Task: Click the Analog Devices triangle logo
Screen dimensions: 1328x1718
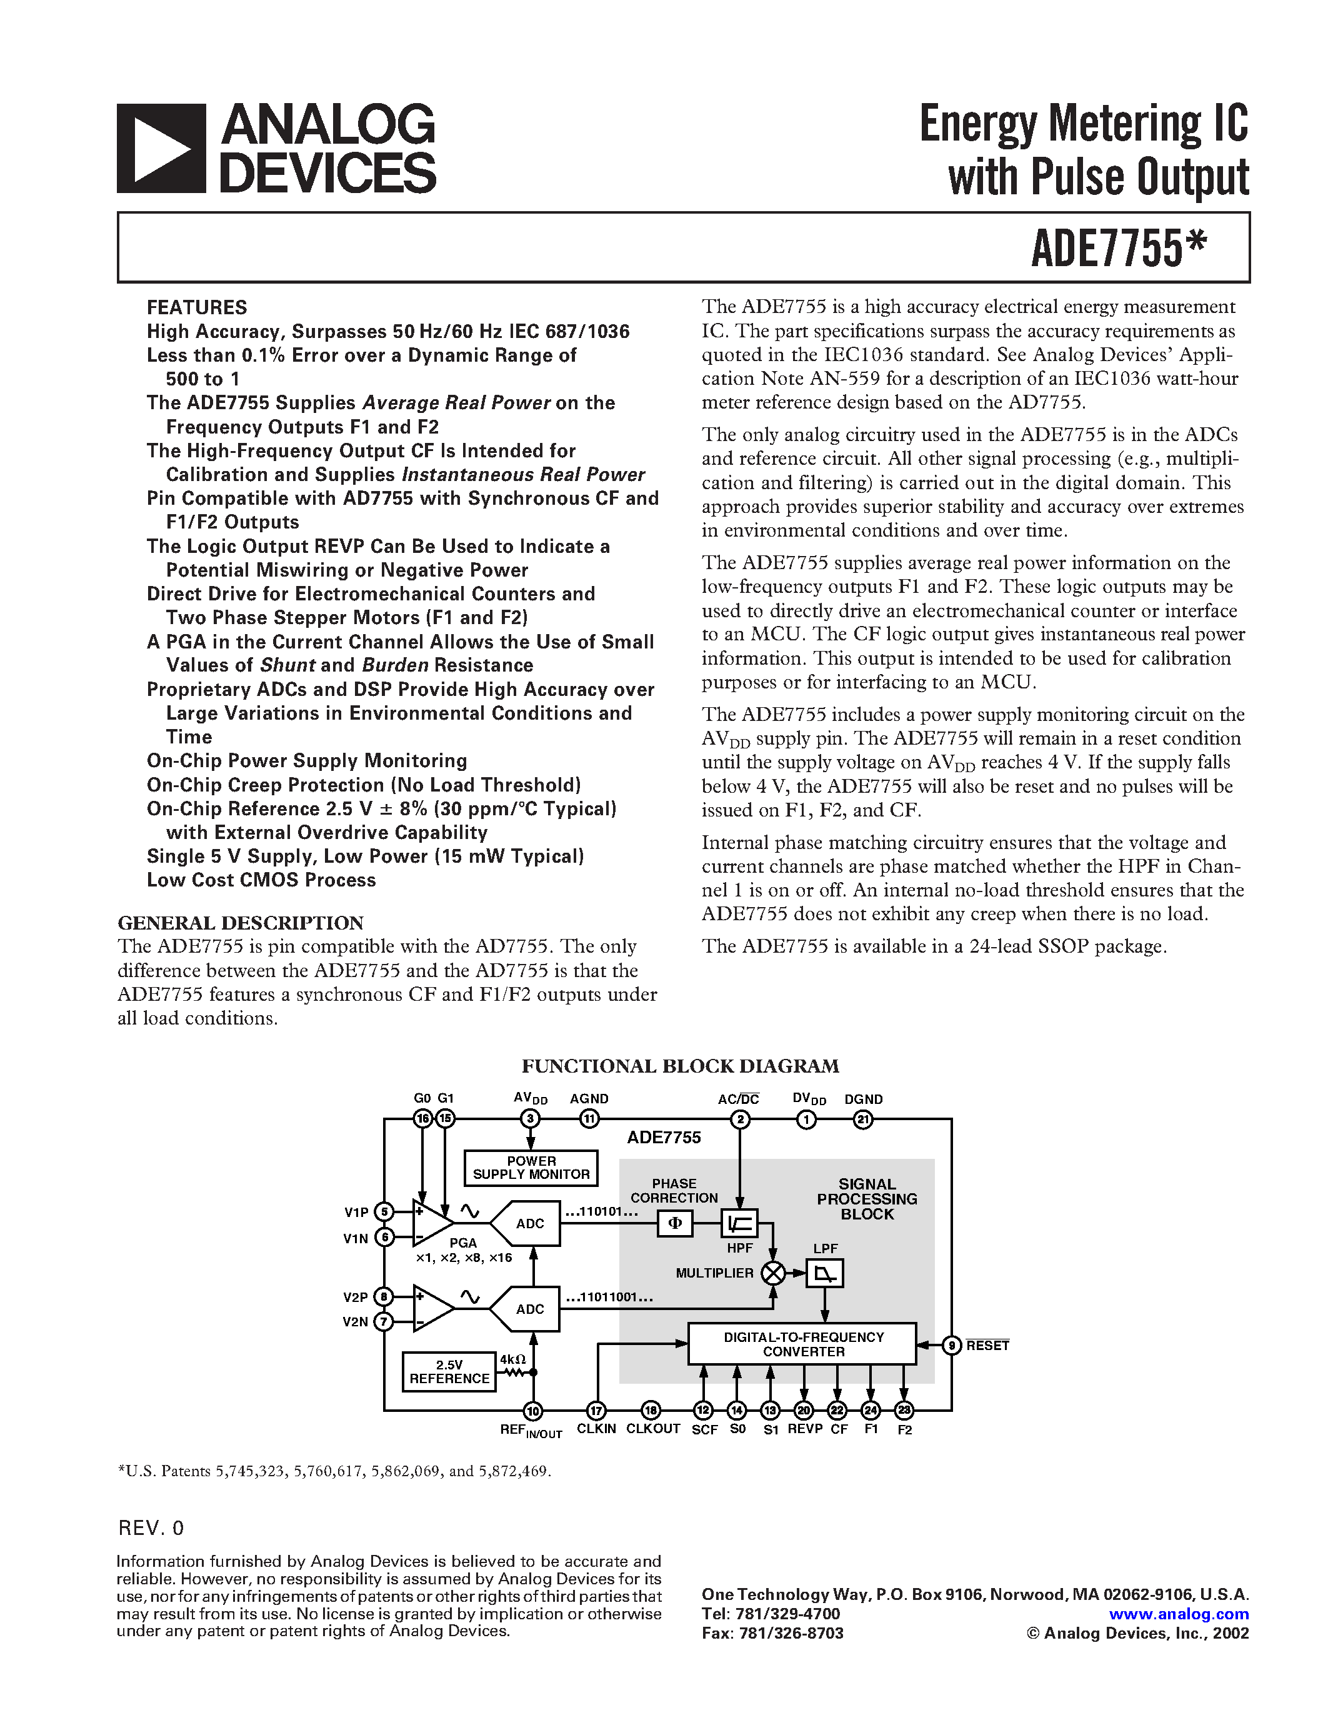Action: [161, 148]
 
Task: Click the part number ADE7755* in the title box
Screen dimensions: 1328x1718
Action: [1118, 247]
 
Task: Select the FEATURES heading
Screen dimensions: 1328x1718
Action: [197, 307]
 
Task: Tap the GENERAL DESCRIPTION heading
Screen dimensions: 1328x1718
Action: [241, 923]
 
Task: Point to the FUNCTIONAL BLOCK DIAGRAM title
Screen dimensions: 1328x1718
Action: [681, 1066]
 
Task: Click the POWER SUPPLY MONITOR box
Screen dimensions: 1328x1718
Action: [531, 1168]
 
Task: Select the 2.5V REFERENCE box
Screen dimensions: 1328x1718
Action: [449, 1372]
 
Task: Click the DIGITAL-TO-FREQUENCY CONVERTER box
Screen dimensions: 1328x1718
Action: [802, 1344]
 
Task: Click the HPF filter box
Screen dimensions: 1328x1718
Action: [739, 1223]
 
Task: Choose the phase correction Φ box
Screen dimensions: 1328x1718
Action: [675, 1223]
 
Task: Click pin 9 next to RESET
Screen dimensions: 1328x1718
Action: [952, 1345]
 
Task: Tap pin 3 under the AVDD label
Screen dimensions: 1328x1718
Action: [531, 1119]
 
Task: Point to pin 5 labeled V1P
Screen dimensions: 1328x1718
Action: [384, 1212]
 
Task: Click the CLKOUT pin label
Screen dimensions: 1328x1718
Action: [653, 1429]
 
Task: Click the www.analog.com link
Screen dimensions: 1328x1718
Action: [1179, 1614]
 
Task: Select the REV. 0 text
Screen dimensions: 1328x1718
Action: [151, 1527]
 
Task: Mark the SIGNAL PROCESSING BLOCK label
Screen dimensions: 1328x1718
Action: [867, 1199]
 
